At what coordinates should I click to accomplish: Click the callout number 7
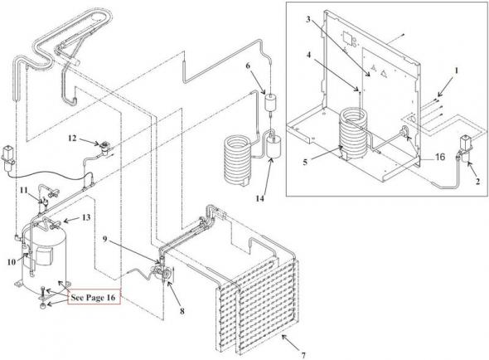[303, 355]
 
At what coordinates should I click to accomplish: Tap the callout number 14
[260, 198]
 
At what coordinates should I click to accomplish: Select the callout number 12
[72, 138]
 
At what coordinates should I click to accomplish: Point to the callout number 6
[248, 66]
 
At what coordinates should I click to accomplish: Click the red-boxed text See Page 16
[94, 297]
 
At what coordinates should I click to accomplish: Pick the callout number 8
[182, 311]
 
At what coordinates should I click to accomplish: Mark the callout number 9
[105, 239]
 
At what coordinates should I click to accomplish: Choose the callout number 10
[12, 261]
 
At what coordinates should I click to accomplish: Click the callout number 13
[86, 217]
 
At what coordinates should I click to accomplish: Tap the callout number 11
[24, 190]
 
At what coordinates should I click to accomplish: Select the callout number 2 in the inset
[477, 181]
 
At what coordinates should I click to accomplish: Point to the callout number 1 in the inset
[456, 71]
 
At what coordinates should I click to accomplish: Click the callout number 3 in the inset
[307, 19]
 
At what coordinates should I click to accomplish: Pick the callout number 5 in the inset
[305, 162]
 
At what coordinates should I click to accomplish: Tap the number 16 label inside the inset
[440, 157]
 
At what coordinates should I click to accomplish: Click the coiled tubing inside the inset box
[353, 134]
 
